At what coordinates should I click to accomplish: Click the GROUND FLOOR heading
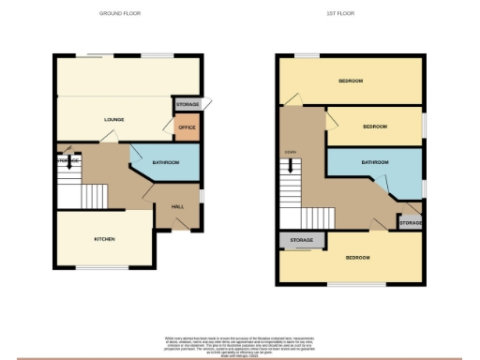tap(119, 13)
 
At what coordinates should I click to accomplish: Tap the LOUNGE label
tap(114, 120)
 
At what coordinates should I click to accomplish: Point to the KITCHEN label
tap(104, 239)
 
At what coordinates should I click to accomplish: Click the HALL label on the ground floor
tap(177, 206)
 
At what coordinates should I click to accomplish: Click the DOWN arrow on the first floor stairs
tap(290, 165)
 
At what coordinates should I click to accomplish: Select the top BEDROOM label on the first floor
tap(351, 82)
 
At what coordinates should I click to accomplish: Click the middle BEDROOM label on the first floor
tap(375, 126)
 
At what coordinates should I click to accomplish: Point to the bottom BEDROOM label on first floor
tap(358, 256)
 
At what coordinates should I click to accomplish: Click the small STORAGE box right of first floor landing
tap(410, 223)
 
